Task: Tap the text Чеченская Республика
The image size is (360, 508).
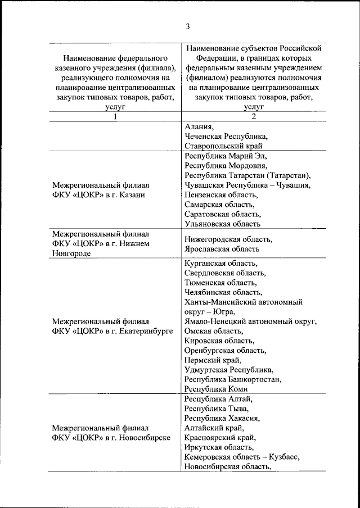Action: pos(226,136)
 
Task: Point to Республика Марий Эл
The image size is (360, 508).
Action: pos(225,156)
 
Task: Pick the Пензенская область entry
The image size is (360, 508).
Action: pos(221,194)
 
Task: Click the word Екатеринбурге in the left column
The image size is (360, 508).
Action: pos(146,331)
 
